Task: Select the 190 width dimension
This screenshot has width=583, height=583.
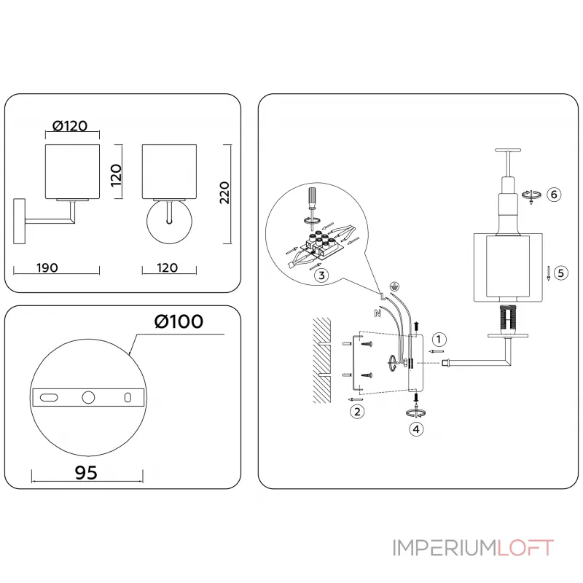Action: pyautogui.click(x=47, y=267)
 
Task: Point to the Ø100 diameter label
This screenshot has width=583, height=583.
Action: pyautogui.click(x=179, y=321)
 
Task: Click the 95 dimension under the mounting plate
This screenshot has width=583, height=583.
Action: pyautogui.click(x=85, y=472)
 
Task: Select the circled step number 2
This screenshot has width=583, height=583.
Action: pyautogui.click(x=357, y=412)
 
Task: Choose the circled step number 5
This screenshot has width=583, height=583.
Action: pyautogui.click(x=560, y=273)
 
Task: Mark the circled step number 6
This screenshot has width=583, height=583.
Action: pyautogui.click(x=554, y=195)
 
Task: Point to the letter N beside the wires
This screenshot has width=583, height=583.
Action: pyautogui.click(x=377, y=314)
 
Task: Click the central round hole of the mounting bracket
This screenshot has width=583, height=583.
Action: pyautogui.click(x=88, y=397)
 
